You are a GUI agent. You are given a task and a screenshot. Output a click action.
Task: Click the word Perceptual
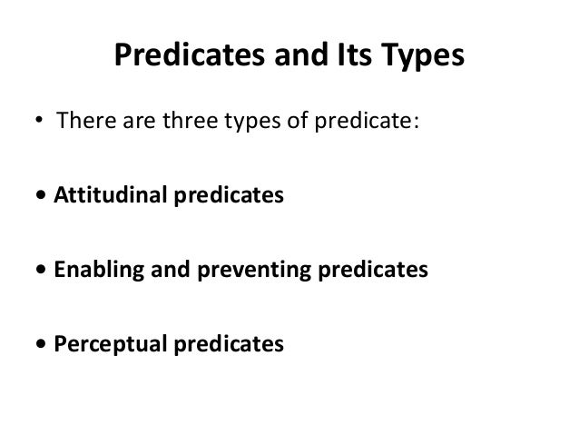coord(107,345)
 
